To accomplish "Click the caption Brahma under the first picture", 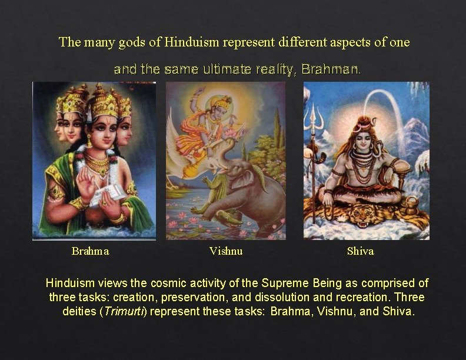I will pyautogui.click(x=90, y=251).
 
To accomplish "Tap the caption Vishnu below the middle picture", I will pyautogui.click(x=226, y=251).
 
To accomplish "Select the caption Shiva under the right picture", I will pyautogui.click(x=360, y=251).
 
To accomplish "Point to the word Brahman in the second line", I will pyautogui.click(x=331, y=69).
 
